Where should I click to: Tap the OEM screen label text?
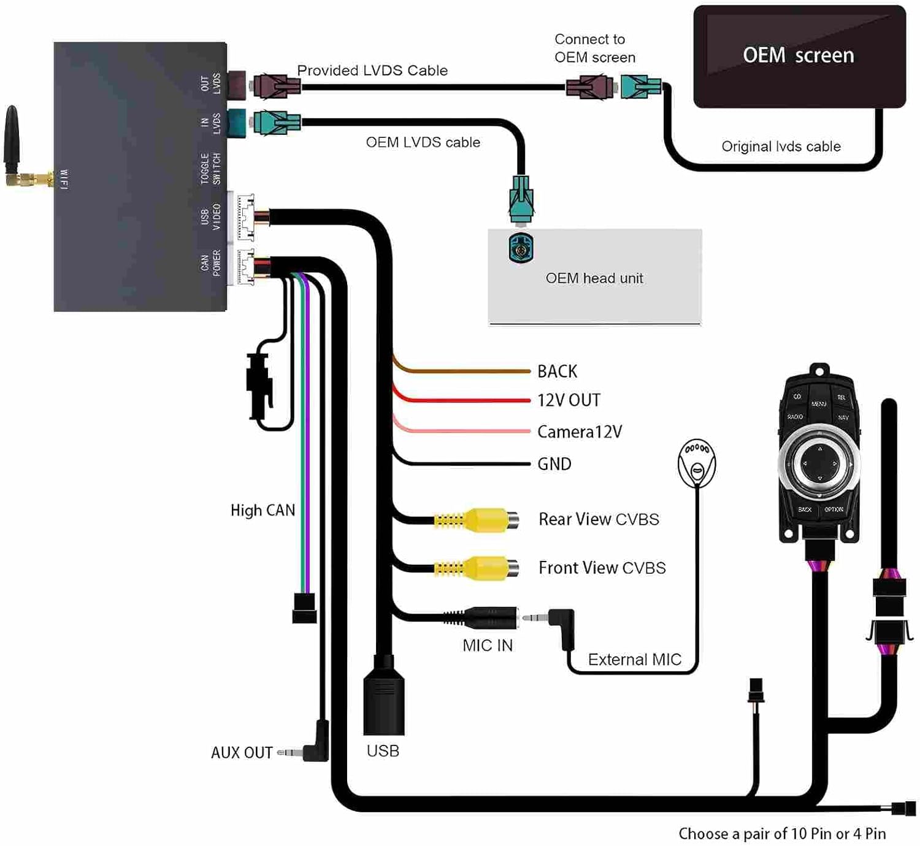pyautogui.click(x=798, y=55)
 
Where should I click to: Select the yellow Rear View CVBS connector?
pyautogui.click(x=485, y=520)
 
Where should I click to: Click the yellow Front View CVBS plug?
pyautogui.click(x=485, y=568)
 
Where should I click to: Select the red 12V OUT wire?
pyautogui.click(x=466, y=400)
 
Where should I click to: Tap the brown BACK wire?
pyautogui.click(x=466, y=371)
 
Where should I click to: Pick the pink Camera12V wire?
pyautogui.click(x=466, y=431)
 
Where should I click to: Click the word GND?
pyautogui.click(x=554, y=464)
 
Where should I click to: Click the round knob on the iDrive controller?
pyautogui.click(x=819, y=464)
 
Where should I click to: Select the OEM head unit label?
pyautogui.click(x=594, y=278)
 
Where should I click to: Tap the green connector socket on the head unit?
pyautogui.click(x=521, y=248)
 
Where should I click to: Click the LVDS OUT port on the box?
pyautogui.click(x=237, y=85)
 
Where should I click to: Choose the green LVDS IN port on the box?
pyautogui.click(x=237, y=123)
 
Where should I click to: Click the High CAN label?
pyautogui.click(x=263, y=510)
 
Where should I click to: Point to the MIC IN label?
pyautogui.click(x=487, y=645)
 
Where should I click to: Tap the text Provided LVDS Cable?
pyautogui.click(x=372, y=70)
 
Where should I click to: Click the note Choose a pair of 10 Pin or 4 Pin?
pyautogui.click(x=782, y=834)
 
